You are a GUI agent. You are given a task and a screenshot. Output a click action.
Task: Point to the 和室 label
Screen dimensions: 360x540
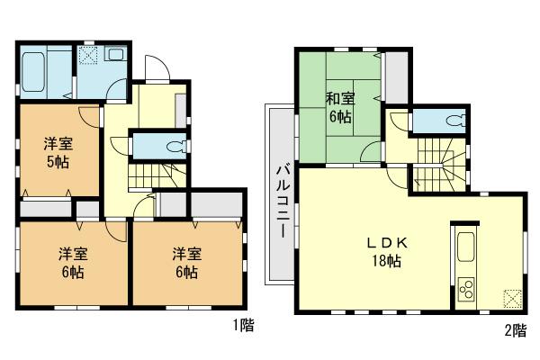(x=339, y=99)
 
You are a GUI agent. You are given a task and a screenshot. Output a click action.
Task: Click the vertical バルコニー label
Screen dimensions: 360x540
(x=281, y=197)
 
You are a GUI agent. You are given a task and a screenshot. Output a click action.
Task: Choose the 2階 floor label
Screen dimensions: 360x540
(x=516, y=330)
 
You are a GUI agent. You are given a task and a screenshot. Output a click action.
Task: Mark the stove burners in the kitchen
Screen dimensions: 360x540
(x=467, y=289)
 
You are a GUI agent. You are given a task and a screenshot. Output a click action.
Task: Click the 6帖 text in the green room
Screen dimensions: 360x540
(x=339, y=117)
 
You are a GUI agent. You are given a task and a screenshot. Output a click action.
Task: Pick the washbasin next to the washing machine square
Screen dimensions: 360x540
(x=117, y=55)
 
